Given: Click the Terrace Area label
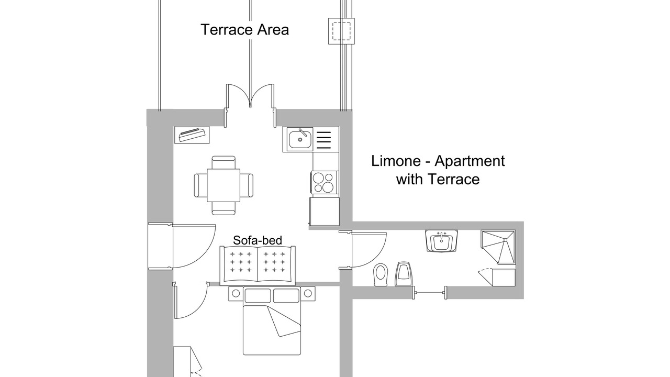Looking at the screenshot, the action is point(244,30).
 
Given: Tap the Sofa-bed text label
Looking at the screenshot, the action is point(258,240).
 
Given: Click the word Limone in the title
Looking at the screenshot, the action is point(396,161).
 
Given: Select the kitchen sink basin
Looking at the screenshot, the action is point(300,140).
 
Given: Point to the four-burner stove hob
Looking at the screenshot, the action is point(325,182).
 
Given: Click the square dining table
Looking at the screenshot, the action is point(224,185).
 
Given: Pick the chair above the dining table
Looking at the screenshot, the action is point(224,162).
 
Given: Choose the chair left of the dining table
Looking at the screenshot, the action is point(200,185).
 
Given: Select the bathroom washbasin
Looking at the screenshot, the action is point(441,241).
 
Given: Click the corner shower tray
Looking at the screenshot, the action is point(498,247).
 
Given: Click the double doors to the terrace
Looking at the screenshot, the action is point(250,99).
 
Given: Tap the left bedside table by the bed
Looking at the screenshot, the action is point(236,294).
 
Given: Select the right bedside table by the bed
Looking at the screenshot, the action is point(308,294).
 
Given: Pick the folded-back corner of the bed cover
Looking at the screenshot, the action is point(284,321).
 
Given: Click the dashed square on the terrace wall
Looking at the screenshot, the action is point(341,31).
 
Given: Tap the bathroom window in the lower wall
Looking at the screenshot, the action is point(430,293).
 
